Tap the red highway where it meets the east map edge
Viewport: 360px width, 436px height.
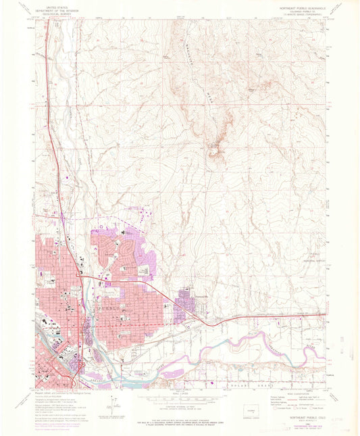point(324,315)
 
